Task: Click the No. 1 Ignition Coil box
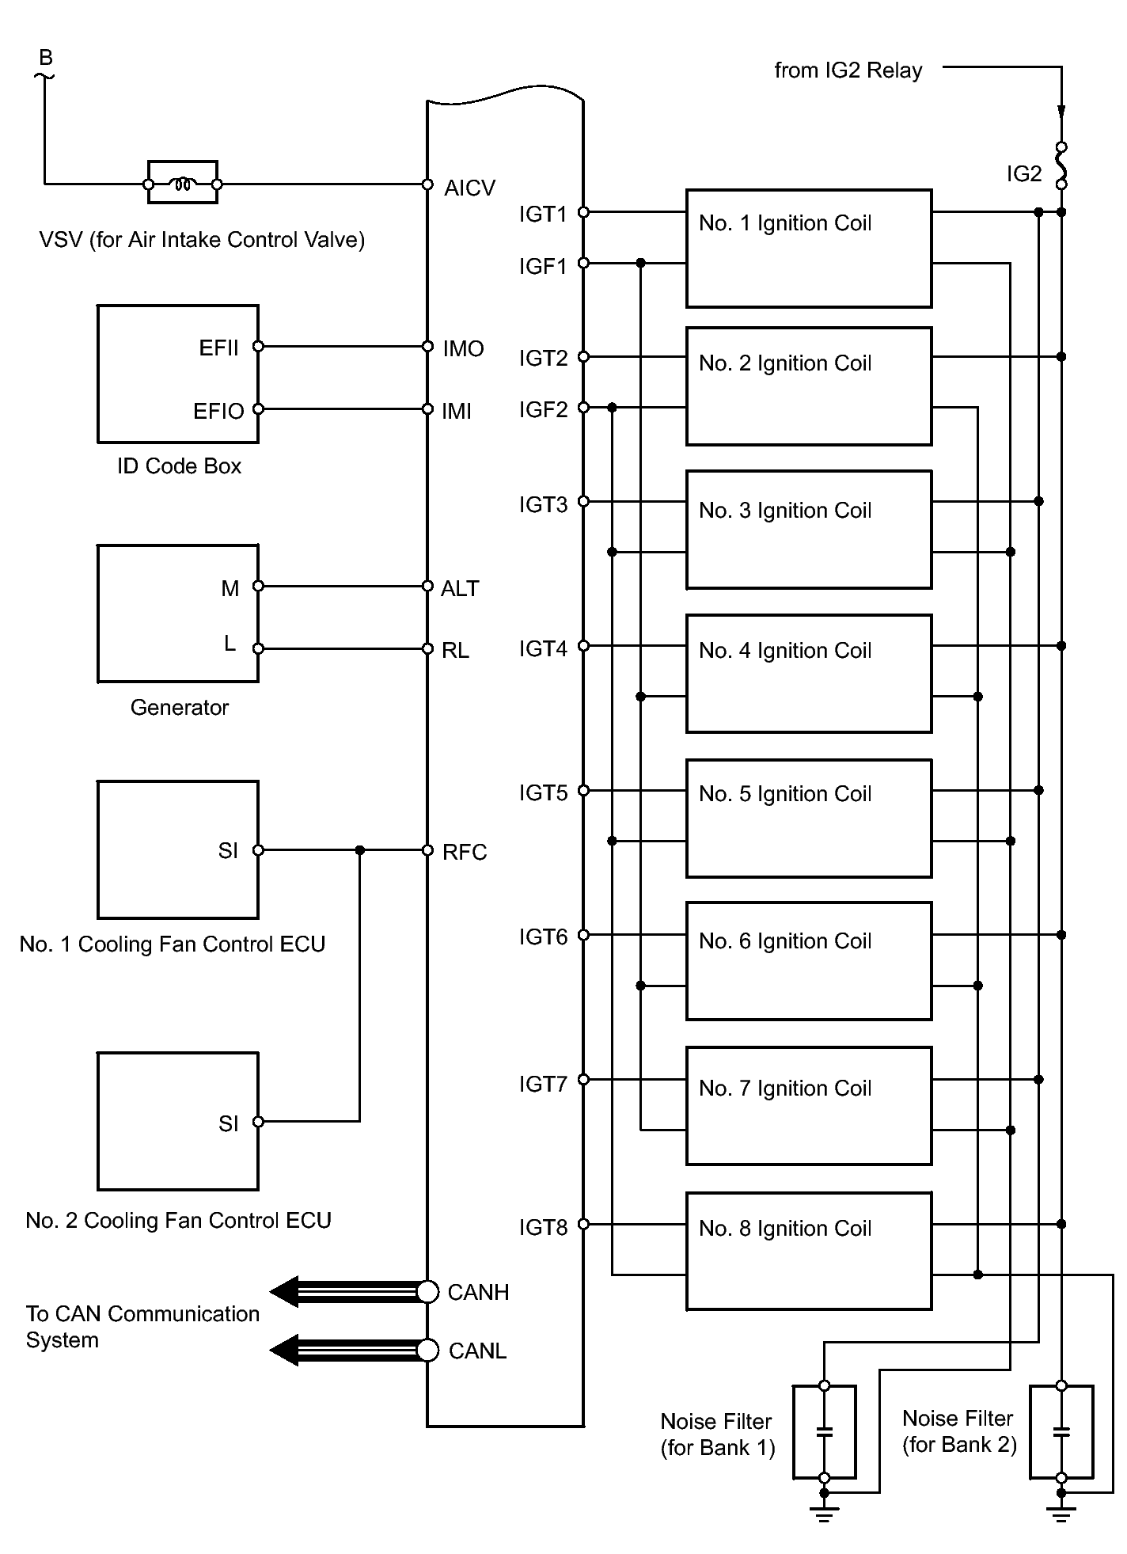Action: click(x=808, y=248)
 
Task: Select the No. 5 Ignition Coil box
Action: click(x=808, y=818)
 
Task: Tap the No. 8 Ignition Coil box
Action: click(x=808, y=1251)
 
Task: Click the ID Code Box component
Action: click(x=177, y=374)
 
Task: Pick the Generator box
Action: click(x=177, y=614)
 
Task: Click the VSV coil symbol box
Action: click(x=183, y=184)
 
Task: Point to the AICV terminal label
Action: click(x=469, y=188)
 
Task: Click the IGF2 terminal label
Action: click(x=543, y=410)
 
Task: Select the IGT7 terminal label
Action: click(x=543, y=1084)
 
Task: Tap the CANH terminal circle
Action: click(x=427, y=1291)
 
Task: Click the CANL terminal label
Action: click(x=477, y=1351)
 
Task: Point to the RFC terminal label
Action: click(x=465, y=852)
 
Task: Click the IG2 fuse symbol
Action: click(x=1061, y=165)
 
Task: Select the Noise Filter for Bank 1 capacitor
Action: click(x=824, y=1431)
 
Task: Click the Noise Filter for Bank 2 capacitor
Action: click(x=1061, y=1431)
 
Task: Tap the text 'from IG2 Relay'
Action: click(x=848, y=70)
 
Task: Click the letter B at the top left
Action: click(x=46, y=58)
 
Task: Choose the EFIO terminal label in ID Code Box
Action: click(x=218, y=412)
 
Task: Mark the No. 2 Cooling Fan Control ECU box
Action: click(x=177, y=1121)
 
